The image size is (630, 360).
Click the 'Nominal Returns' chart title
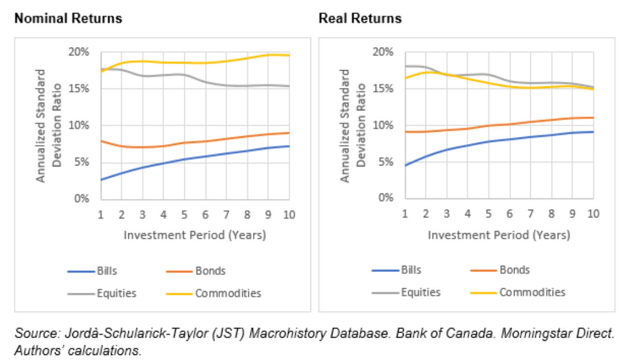(x=68, y=19)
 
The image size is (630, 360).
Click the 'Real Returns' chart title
(x=360, y=19)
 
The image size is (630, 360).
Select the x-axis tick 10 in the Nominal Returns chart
(x=289, y=214)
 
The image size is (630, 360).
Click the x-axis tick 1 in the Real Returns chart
(x=405, y=214)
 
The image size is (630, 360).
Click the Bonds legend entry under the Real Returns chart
(x=514, y=270)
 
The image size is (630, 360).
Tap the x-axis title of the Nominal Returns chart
(x=194, y=235)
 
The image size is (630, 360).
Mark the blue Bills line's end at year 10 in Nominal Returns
(x=289, y=146)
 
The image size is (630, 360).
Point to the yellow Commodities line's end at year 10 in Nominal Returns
(x=289, y=55)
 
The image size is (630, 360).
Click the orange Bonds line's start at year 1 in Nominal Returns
(x=100, y=141)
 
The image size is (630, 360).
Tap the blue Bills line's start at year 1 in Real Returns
(x=405, y=165)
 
